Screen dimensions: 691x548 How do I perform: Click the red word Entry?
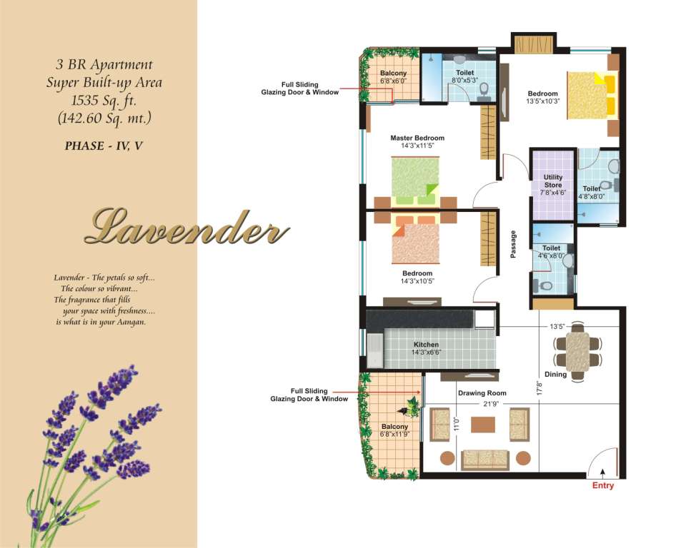[x=603, y=485]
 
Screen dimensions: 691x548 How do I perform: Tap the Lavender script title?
[x=187, y=227]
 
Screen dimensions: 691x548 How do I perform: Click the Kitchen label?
[x=426, y=345]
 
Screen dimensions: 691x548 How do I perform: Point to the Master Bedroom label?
[x=417, y=138]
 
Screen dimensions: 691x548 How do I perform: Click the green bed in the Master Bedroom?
[x=416, y=181]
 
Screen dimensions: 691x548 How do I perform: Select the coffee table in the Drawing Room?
[x=483, y=425]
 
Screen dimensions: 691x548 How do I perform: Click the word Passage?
[x=513, y=244]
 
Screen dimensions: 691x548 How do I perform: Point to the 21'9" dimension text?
[x=490, y=404]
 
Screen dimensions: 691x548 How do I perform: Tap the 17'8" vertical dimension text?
[x=540, y=388]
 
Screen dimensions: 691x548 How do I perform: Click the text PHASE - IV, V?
[x=104, y=146]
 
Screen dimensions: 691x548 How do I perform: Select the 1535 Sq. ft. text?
[x=104, y=101]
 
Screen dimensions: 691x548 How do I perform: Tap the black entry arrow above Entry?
[x=602, y=473]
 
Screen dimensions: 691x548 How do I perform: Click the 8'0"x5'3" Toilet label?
[x=465, y=76]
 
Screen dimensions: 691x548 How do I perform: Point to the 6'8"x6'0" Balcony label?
[x=394, y=77]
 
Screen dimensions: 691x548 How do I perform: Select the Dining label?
[x=556, y=374]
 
